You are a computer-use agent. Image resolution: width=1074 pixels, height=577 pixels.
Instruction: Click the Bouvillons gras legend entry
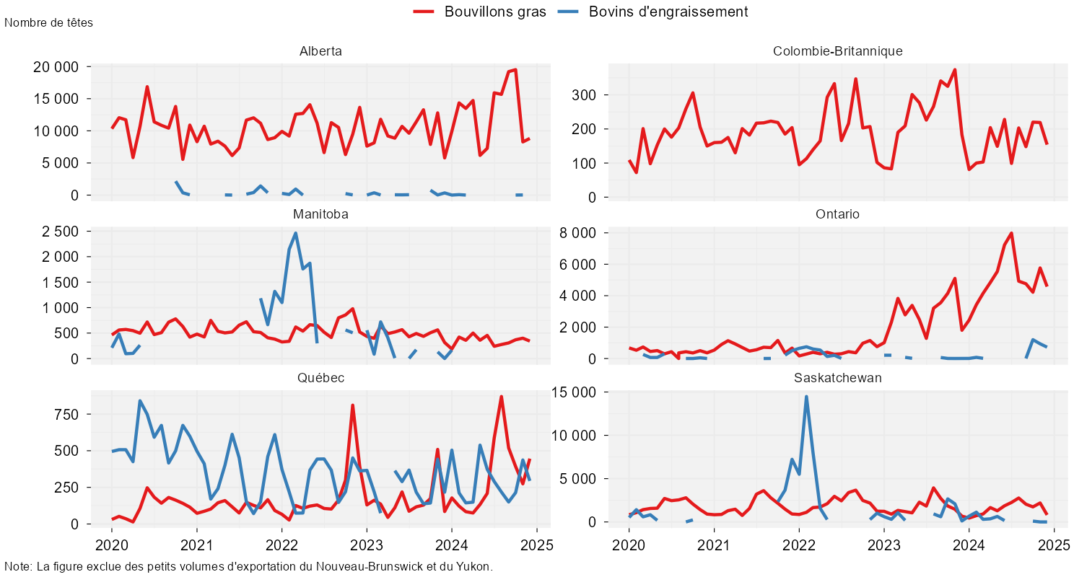point(495,12)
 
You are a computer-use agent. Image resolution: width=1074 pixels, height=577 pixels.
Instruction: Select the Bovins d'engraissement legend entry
point(668,12)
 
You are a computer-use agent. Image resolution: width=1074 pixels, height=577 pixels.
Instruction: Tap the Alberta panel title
point(320,51)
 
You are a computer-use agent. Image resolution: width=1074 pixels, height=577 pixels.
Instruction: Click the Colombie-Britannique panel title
point(837,51)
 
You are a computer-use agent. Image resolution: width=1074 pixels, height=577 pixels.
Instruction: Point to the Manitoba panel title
point(320,214)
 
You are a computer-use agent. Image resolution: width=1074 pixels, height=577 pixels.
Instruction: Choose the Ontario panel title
point(837,214)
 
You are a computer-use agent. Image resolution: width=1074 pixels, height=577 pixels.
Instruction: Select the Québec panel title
point(320,378)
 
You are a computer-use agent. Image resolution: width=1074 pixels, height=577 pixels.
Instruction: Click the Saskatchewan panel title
point(837,378)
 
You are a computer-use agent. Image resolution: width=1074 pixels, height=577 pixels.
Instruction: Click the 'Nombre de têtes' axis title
point(48,22)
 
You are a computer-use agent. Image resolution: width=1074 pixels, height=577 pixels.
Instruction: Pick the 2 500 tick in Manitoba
point(60,232)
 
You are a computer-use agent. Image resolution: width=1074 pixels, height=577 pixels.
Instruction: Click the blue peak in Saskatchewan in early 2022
point(806,397)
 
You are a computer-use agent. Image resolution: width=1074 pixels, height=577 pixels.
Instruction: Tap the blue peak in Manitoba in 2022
point(296,233)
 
